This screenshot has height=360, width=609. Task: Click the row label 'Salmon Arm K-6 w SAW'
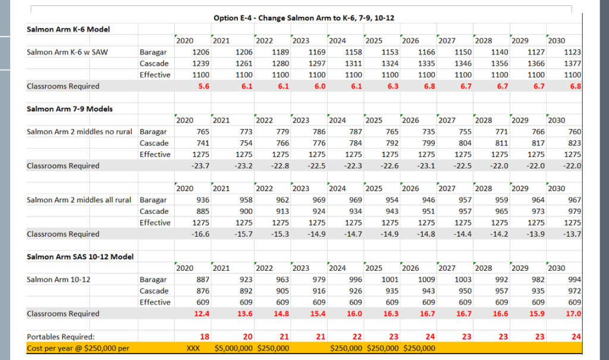tap(67, 52)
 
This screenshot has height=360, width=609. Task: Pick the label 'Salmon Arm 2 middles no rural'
tap(81, 132)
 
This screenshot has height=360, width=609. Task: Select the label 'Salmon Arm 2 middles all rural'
tap(81, 200)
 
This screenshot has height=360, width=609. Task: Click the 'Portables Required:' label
tap(61, 337)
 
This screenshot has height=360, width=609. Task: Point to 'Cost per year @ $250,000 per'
tap(79, 348)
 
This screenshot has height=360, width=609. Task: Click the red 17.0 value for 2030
tap(574, 314)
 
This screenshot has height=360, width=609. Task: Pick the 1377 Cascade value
tap(572, 64)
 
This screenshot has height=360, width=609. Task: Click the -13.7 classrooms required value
tap(572, 234)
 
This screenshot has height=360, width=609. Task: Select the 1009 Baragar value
tap(425, 280)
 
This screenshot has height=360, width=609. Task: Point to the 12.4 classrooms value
tap(202, 314)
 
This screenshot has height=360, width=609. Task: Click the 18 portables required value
tap(205, 337)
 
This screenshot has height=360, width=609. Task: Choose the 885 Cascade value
tap(202, 211)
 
